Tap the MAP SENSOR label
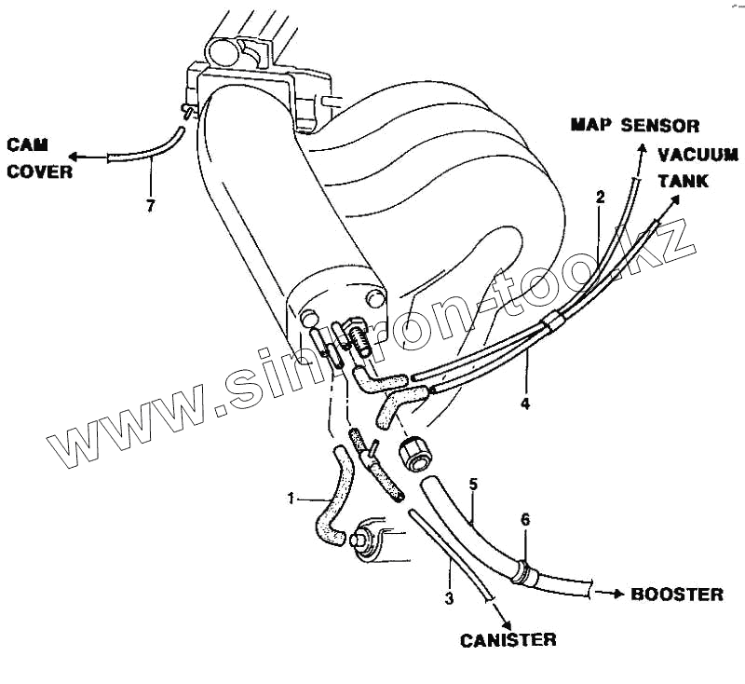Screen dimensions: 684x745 click(634, 126)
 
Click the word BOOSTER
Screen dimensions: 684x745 click(677, 594)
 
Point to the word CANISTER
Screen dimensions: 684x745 click(508, 639)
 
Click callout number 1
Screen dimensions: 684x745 click(291, 499)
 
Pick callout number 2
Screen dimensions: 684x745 click(601, 197)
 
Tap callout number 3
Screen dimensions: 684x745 click(449, 598)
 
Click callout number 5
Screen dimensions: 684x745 click(473, 485)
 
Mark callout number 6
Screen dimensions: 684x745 click(525, 520)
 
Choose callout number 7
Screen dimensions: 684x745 click(151, 205)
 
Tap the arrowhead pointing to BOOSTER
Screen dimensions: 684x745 click(619, 593)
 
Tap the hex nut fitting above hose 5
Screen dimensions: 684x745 click(414, 453)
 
